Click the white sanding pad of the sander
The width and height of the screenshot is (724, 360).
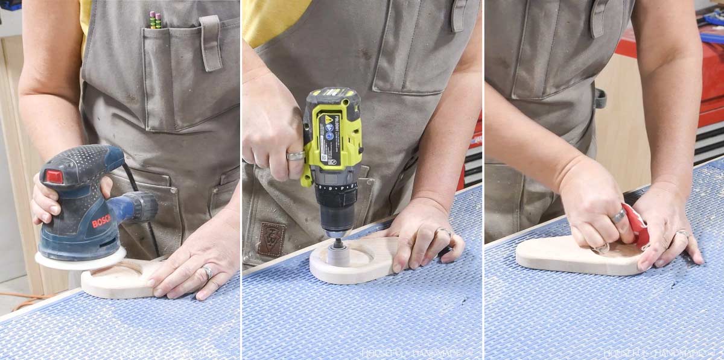[78, 259]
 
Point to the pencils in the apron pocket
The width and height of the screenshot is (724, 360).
[155, 21]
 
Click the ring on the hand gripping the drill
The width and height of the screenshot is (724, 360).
[296, 156]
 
